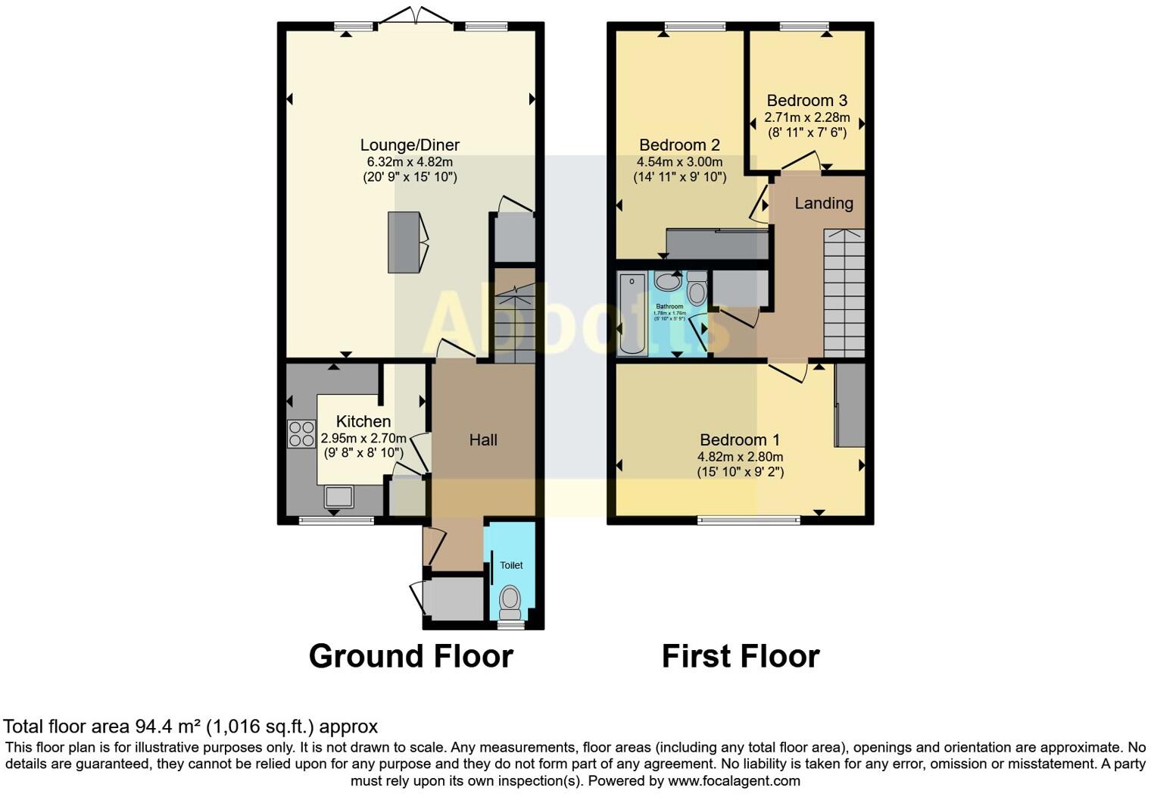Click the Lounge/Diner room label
click(x=410, y=145)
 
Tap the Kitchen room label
click(x=363, y=421)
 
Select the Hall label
click(x=483, y=439)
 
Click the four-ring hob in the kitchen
click(x=301, y=433)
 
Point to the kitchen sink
click(x=338, y=497)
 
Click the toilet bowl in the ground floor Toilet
click(x=510, y=600)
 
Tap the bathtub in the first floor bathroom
click(x=632, y=314)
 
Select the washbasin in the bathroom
click(x=667, y=282)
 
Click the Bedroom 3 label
click(x=806, y=100)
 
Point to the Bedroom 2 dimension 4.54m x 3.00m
click(x=679, y=161)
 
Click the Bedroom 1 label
click(x=740, y=439)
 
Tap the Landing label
click(x=823, y=203)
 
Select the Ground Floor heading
click(x=410, y=656)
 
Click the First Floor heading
click(x=741, y=656)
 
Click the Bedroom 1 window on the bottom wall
click(x=748, y=520)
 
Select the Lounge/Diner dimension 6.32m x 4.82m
click(x=410, y=161)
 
